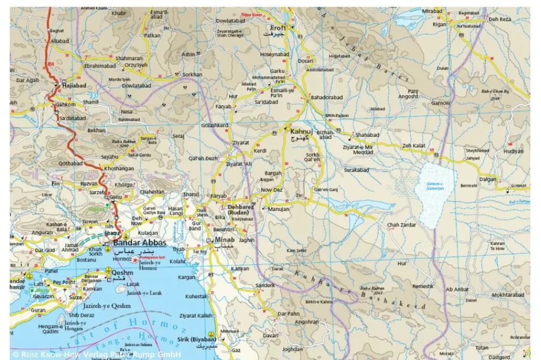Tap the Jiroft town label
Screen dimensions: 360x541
277,28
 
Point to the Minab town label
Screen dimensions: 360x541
225,240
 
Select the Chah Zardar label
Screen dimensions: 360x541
400,225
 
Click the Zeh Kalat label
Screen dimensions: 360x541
414,145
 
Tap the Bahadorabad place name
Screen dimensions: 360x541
326,97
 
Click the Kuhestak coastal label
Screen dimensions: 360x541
196,297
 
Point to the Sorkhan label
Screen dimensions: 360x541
193,74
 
